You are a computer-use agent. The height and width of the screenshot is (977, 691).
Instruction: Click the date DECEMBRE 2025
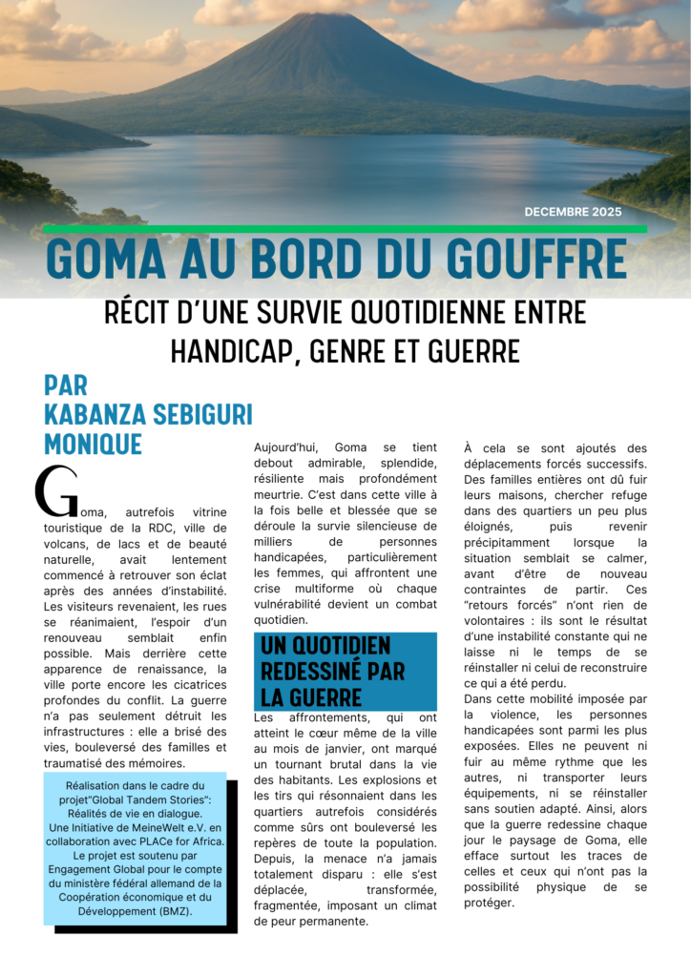(x=573, y=212)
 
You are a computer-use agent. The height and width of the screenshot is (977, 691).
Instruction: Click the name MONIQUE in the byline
(x=93, y=444)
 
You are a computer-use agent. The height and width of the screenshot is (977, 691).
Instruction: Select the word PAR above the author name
(x=66, y=385)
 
